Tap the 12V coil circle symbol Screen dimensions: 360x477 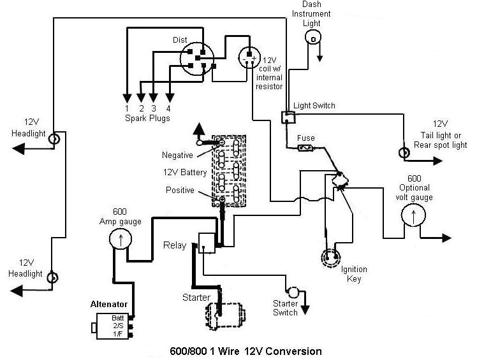click(x=249, y=58)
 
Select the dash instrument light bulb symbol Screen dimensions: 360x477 click(x=312, y=40)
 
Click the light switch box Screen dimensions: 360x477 click(x=288, y=117)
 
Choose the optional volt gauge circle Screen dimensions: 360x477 click(x=413, y=217)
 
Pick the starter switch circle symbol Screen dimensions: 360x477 click(x=293, y=292)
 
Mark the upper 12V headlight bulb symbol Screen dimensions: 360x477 click(x=55, y=138)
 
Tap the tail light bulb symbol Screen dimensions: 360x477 click(x=403, y=152)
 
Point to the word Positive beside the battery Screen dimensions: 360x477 click(x=180, y=190)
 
